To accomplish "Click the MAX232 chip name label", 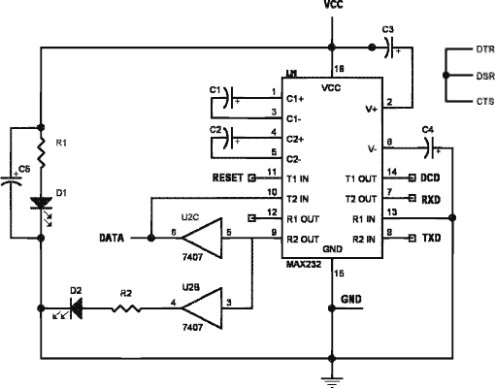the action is (x=304, y=265).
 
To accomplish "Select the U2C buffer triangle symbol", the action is (x=202, y=239).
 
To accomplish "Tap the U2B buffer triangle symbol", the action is (x=202, y=308).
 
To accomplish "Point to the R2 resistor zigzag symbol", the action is (x=126, y=308).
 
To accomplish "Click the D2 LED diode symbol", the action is (x=71, y=309).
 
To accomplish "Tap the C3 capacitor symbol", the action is (x=392, y=48).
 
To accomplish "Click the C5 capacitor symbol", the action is (x=12, y=179).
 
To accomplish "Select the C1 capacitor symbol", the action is (x=230, y=98).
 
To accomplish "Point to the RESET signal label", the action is (x=228, y=178).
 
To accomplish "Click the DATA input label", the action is (x=112, y=239).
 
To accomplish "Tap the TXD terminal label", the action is (x=432, y=239).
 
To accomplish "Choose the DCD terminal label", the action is (x=430, y=178).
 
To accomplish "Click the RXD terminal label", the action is (x=431, y=200).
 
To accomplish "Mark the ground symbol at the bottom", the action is (x=332, y=381).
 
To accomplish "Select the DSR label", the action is (x=485, y=76).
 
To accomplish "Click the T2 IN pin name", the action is (x=298, y=199).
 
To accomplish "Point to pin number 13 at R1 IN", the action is (x=392, y=212).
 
